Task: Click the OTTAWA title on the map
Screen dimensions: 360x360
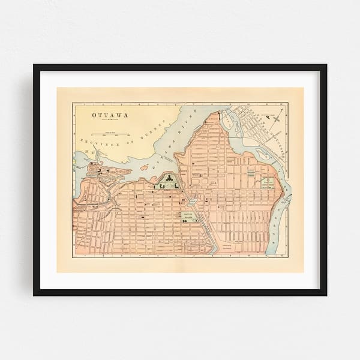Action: click(x=105, y=113)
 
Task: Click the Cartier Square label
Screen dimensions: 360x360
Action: click(x=189, y=215)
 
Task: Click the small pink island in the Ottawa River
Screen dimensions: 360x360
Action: click(x=144, y=168)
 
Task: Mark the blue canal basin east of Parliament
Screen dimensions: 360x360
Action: click(x=191, y=202)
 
